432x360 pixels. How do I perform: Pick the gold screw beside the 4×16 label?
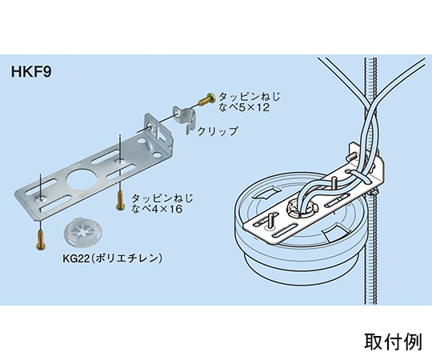(119, 198)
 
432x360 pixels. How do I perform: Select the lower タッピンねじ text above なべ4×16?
(160, 195)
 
